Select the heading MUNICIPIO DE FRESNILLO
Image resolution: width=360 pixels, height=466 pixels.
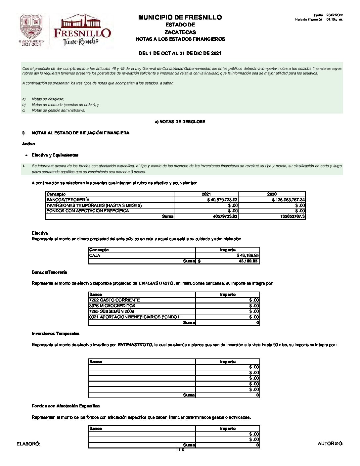pyautogui.click(x=180, y=17)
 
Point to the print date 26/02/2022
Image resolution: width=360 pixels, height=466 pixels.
pyautogui.click(x=335, y=15)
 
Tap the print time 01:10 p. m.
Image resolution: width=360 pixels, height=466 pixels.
pyautogui.click(x=335, y=20)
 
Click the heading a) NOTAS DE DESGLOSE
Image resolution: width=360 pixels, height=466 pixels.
pyautogui.click(x=180, y=122)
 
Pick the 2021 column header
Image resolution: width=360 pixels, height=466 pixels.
pyautogui.click(x=206, y=194)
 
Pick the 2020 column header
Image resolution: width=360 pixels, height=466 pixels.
pyautogui.click(x=272, y=194)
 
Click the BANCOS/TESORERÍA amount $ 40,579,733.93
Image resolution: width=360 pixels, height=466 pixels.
pyautogui.click(x=222, y=200)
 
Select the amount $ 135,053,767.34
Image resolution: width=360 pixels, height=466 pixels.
pyautogui.click(x=288, y=200)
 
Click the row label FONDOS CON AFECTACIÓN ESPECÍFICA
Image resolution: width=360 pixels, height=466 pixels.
pyautogui.click(x=88, y=211)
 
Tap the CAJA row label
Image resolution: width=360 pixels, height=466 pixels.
pyautogui.click(x=95, y=256)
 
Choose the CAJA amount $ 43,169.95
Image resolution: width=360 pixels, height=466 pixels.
pyautogui.click(x=248, y=256)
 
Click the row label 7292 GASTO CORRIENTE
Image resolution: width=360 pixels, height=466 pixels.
pyautogui.click(x=114, y=300)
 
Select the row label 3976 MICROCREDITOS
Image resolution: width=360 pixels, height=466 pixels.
pyautogui.click(x=112, y=306)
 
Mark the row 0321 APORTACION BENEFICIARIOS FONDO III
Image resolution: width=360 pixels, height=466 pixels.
pyautogui.click(x=135, y=317)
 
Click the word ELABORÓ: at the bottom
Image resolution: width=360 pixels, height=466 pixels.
pyautogui.click(x=28, y=444)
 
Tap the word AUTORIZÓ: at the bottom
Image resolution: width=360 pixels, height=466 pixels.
pyautogui.click(x=330, y=443)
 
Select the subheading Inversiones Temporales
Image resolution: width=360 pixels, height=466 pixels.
pyautogui.click(x=56, y=334)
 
